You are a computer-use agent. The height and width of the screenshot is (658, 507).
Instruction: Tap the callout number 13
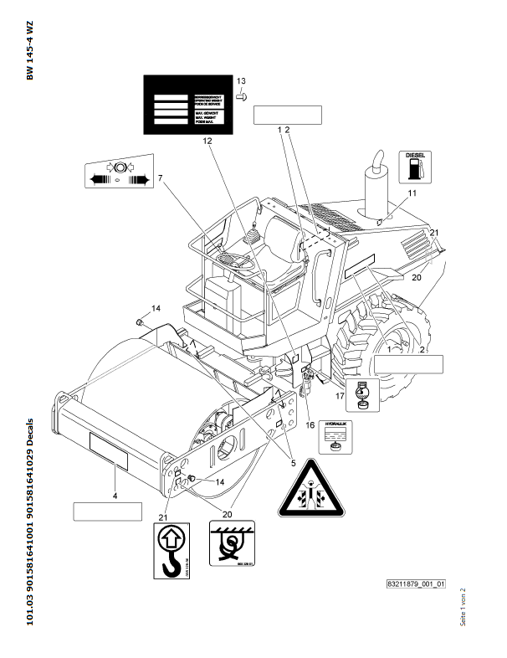tap(241, 80)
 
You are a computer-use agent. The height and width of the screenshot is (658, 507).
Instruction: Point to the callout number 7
tap(160, 177)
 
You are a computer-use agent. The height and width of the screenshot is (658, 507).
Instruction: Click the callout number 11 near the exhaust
tap(412, 193)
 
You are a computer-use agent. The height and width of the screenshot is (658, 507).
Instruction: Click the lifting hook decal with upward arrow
tap(171, 549)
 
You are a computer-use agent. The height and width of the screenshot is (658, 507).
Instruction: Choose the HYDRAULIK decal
tap(338, 434)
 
